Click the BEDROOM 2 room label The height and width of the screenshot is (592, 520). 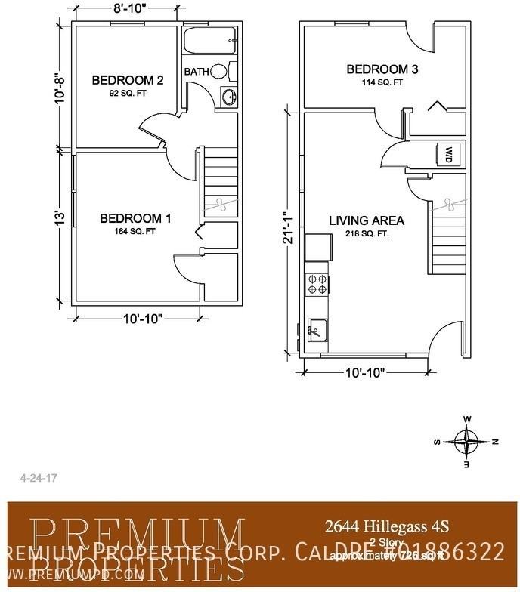128,80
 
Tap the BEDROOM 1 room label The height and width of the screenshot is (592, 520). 135,218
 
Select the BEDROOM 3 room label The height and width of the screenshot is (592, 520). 382,70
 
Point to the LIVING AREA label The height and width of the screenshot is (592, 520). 366,220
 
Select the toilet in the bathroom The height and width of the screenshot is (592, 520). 221,72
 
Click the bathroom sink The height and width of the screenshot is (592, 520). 228,96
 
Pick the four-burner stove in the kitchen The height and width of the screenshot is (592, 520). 317,284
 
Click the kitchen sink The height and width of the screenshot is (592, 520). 318,329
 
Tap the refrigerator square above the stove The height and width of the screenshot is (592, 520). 318,247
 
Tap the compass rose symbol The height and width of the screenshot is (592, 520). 468,440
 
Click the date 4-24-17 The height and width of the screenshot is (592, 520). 32,478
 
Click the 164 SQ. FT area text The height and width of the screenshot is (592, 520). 135,232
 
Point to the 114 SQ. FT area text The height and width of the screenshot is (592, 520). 382,82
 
